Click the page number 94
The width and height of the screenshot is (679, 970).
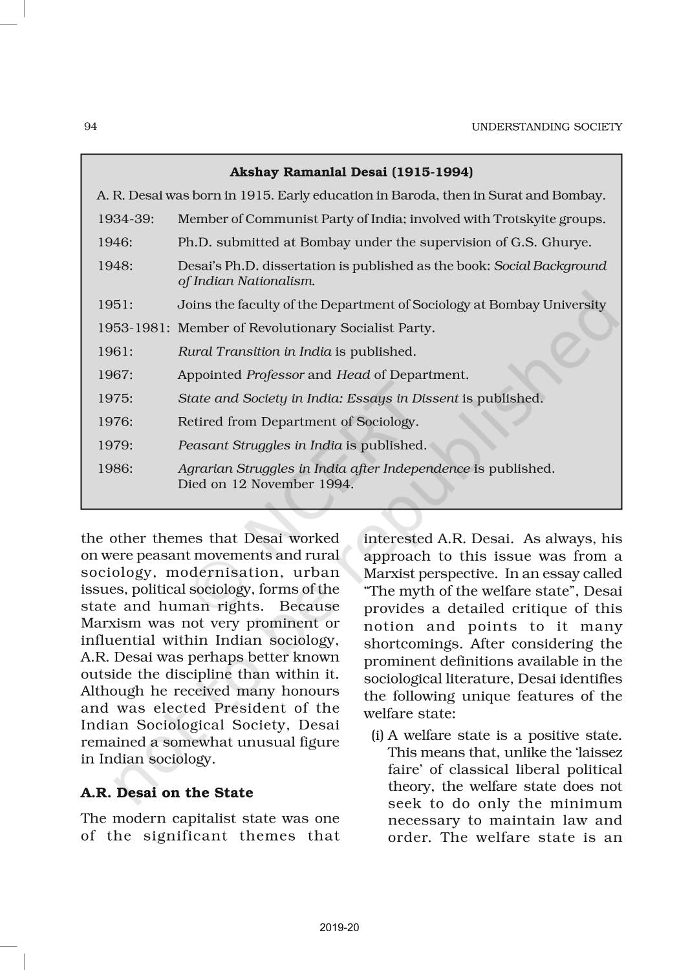point(91,126)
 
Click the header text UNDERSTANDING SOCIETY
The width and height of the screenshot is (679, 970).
point(546,127)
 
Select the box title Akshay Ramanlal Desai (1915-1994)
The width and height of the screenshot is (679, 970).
point(351,172)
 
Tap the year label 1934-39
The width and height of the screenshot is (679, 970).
point(126,219)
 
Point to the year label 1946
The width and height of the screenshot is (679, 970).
point(115,242)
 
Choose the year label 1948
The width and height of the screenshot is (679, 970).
point(115,266)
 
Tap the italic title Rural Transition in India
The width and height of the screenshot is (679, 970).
point(254,352)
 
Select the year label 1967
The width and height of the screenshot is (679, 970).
point(115,375)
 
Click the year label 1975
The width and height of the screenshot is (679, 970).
point(115,398)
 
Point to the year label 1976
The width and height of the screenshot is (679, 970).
point(115,422)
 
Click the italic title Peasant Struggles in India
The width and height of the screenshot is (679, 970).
point(260,445)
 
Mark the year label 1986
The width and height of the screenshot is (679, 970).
point(115,468)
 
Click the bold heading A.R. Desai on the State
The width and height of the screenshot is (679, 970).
point(167,792)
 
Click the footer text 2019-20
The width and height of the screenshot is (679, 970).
point(339,928)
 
